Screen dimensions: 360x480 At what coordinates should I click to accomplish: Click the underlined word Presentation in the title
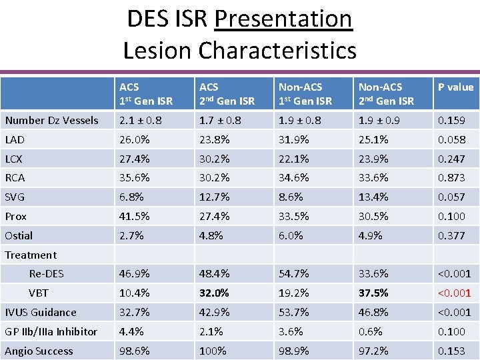pos(283,19)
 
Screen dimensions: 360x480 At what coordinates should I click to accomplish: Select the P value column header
pos(455,87)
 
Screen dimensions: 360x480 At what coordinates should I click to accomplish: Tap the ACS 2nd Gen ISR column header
pos(227,94)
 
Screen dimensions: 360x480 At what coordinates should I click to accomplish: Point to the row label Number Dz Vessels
pos(51,121)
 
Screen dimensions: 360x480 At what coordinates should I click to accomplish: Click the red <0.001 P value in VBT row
pos(454,293)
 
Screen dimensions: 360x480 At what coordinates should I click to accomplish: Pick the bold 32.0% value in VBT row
pos(214,293)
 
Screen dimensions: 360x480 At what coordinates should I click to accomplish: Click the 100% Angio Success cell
pos(213,351)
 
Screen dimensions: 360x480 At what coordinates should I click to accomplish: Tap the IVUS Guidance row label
pos(41,313)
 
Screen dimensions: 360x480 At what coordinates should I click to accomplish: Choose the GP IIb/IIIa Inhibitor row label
pos(51,332)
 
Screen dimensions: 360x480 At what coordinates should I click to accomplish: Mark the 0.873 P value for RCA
pos(451,178)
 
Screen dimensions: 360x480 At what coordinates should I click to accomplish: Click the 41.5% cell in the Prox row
pos(134,217)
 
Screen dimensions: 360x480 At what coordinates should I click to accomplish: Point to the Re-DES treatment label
pos(47,274)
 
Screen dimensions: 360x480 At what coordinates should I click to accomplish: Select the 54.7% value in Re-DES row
pos(294,274)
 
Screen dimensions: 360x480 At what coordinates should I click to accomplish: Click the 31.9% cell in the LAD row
pos(294,140)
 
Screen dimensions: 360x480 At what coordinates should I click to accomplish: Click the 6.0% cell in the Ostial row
pos(291,236)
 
